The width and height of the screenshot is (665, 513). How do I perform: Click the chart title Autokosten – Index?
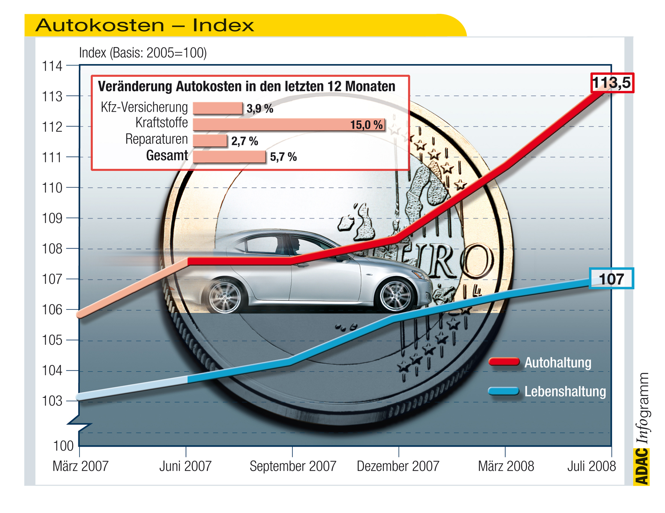144,25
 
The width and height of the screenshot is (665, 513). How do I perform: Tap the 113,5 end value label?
612,82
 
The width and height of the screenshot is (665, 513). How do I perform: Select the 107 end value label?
611,279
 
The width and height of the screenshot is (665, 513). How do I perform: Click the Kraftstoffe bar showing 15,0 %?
289,124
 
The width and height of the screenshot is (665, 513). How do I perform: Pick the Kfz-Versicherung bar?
218,108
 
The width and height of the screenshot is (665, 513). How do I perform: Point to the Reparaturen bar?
210,141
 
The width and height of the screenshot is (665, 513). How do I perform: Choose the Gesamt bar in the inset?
229,157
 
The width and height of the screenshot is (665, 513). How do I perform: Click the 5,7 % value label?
283,157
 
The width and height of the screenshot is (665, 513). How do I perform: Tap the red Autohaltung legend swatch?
504,362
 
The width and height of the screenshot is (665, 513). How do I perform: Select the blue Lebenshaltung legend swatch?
504,391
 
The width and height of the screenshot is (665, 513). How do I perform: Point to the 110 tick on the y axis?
52,187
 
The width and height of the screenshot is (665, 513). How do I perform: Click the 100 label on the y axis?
63,446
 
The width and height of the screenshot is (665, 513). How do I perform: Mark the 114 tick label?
52,66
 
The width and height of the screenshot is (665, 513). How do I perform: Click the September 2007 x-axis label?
293,466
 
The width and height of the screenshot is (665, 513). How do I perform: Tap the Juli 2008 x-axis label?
591,466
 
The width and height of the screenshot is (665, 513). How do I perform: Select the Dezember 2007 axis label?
398,466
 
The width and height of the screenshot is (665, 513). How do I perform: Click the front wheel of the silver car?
396,295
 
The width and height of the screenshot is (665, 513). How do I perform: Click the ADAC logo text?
642,467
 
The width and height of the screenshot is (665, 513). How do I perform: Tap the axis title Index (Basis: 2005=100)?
143,53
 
